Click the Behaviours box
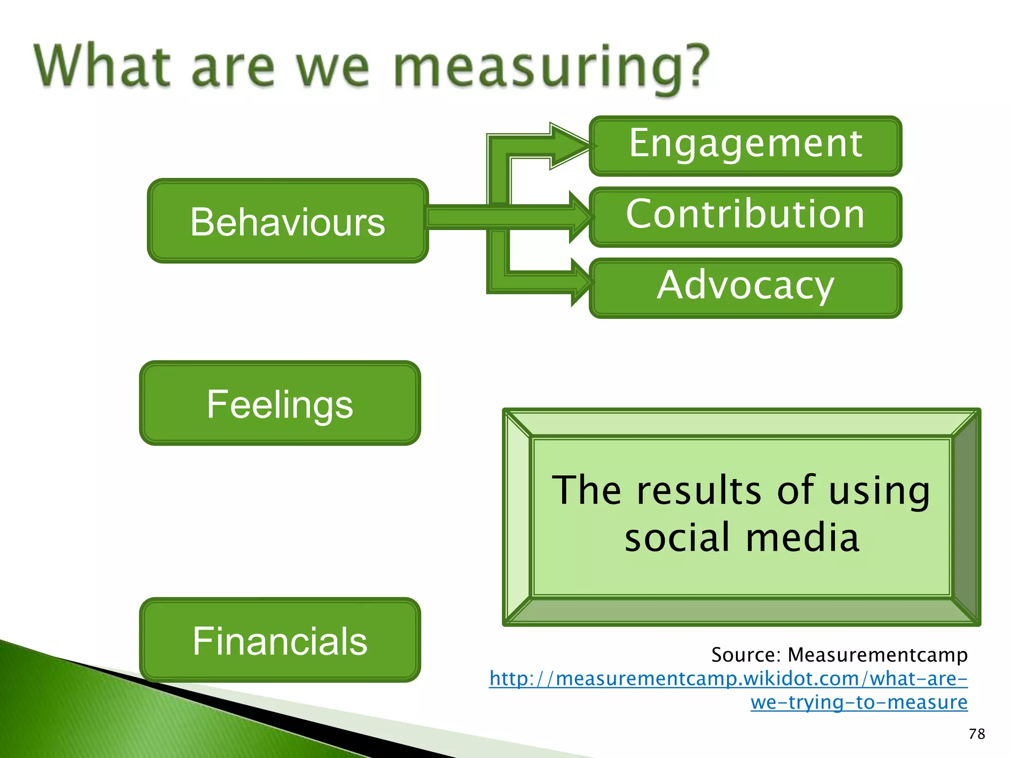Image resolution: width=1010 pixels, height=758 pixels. point(288,221)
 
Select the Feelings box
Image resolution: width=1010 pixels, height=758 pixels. point(280,403)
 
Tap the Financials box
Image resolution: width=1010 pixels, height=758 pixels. point(280,640)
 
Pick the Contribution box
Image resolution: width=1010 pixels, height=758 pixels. point(745,216)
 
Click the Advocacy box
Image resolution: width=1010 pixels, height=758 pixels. point(745,287)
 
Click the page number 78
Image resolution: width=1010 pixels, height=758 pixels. point(976,734)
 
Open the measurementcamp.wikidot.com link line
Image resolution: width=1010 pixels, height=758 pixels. point(728,679)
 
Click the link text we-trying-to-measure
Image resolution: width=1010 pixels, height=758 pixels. point(859,702)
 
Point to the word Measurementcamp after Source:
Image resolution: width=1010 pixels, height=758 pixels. point(877,655)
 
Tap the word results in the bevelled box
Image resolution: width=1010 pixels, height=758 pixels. point(698,491)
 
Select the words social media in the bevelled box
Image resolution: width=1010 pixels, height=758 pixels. point(742,537)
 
